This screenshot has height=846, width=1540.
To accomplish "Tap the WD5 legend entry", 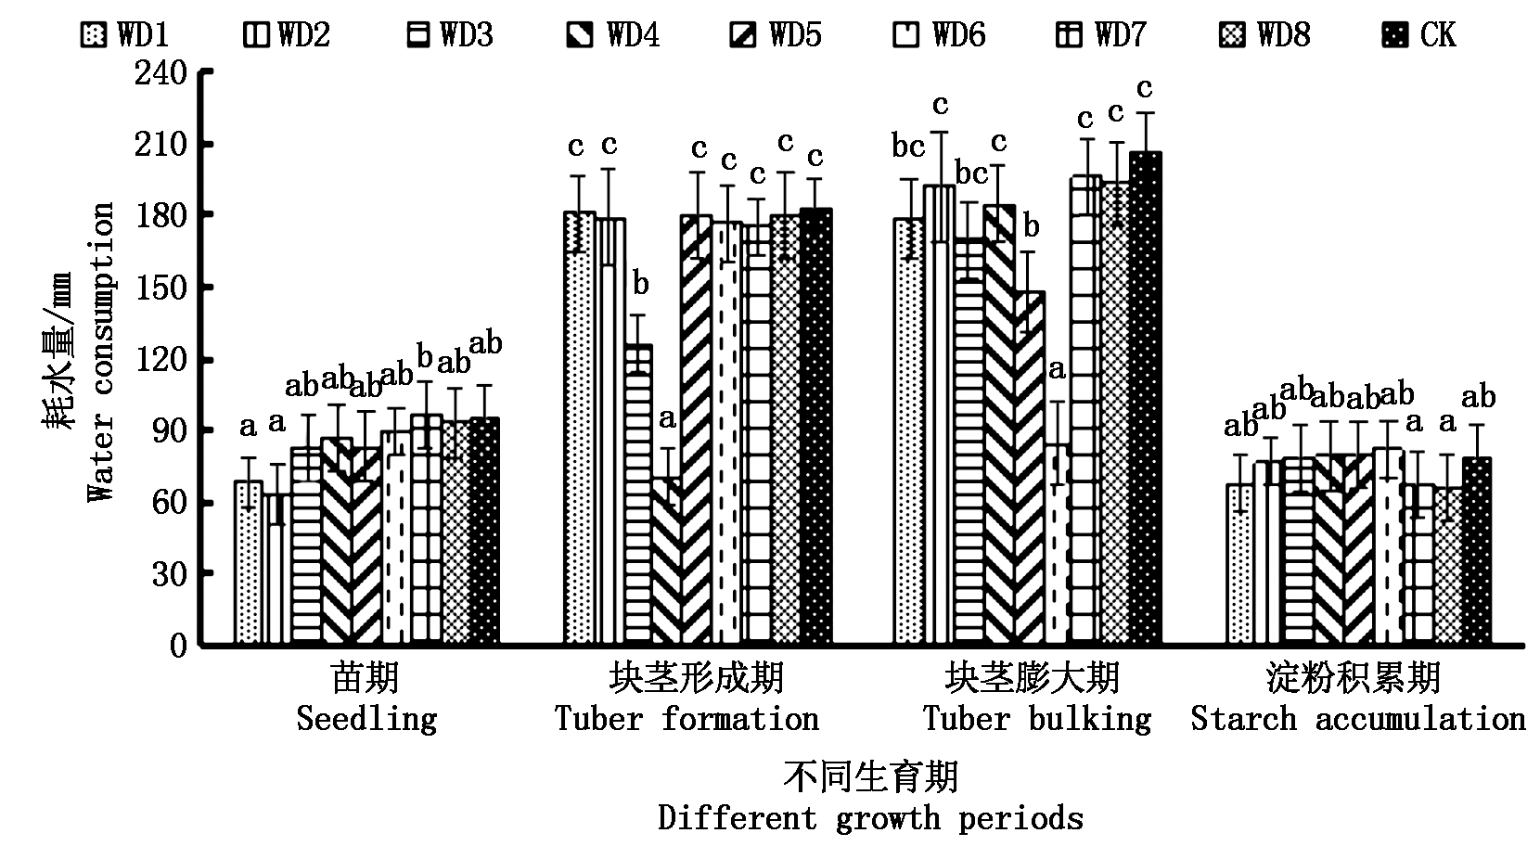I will point(776,35).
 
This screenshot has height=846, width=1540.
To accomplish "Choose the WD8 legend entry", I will point(1264,35).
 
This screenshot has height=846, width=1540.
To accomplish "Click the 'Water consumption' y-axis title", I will point(101,352).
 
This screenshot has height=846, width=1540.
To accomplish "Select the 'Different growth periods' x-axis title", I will point(870,818).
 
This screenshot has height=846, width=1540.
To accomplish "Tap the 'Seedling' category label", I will point(366,719).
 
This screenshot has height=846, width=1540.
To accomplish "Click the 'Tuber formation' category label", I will point(687,719).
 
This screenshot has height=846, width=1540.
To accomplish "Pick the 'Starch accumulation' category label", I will point(1357,719).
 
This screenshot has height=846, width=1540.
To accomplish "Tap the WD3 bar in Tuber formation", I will point(637,495).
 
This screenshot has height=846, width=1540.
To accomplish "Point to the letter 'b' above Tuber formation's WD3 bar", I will point(640,284).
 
